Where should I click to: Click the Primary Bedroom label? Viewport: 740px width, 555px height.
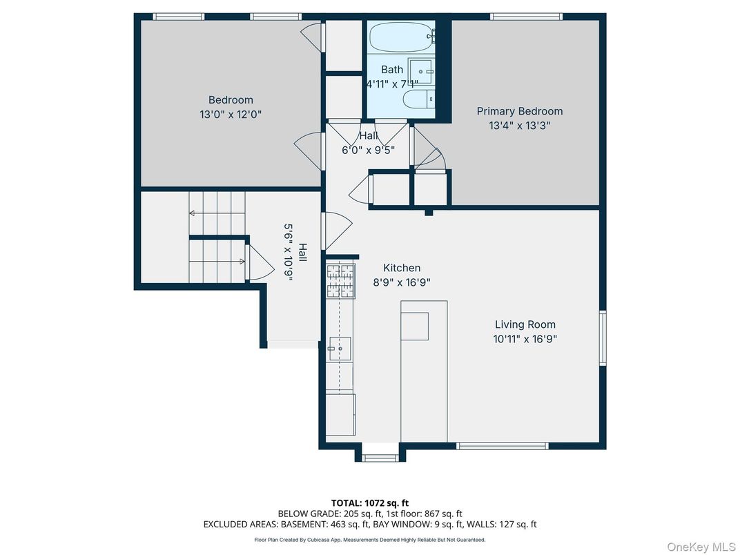[520, 111]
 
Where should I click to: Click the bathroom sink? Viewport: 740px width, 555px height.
[420, 71]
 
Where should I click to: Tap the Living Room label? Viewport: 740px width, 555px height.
[525, 324]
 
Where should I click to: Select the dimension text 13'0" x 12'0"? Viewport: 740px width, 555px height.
[231, 115]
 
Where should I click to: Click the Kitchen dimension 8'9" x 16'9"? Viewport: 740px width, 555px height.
[402, 282]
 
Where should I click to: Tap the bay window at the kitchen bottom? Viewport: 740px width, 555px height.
[380, 456]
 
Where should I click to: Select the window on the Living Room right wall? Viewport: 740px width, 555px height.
[603, 338]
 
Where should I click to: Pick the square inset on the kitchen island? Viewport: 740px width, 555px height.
[414, 326]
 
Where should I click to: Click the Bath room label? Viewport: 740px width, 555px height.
[392, 69]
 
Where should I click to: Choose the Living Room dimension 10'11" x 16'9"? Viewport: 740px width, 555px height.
[525, 339]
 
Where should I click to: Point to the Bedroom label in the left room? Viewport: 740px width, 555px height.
[231, 100]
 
